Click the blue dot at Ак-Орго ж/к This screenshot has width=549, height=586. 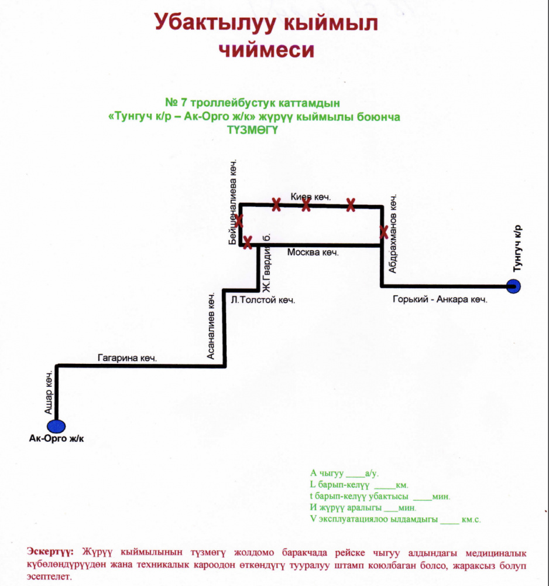pos(56,426)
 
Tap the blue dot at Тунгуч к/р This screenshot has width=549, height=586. pos(513,287)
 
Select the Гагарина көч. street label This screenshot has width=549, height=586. pos(127,358)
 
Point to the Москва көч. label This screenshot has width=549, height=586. pos(313,253)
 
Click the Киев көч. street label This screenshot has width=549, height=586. pos(311,196)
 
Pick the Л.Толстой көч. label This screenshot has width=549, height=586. pos(263,299)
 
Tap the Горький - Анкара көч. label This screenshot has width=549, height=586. pos(440,299)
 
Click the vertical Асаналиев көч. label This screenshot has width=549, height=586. pos(211,326)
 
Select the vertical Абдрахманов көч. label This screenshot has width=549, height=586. pos(392,233)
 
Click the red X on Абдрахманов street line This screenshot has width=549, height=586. pos(384,232)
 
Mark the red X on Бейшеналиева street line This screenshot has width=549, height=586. pos(239,220)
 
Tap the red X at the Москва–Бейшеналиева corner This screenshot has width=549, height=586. pos(248,242)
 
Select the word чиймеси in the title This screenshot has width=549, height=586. pos(266,50)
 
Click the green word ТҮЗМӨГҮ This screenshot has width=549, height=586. pos(253,130)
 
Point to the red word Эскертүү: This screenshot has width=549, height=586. pos(50,551)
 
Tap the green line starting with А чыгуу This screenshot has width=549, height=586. pos(344,473)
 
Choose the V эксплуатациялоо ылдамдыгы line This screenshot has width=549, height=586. pos(395,519)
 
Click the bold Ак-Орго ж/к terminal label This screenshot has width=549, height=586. pos(56,439)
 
